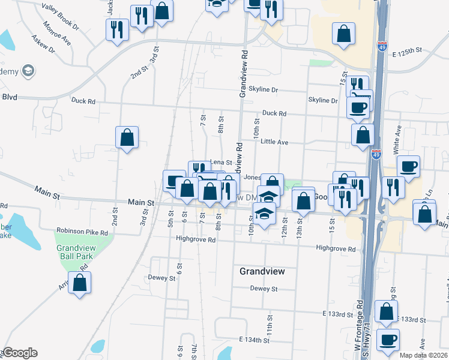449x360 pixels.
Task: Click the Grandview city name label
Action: coord(262,271)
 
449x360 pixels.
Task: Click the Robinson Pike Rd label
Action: coord(82,231)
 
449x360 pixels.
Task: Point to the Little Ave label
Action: coord(274,142)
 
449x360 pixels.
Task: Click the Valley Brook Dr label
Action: coord(61,17)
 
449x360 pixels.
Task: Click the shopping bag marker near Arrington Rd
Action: coord(79,282)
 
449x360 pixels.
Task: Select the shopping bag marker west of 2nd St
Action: coord(127,137)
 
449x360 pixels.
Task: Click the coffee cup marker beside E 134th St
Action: coord(388,339)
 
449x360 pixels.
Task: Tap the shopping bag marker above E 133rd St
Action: coord(386,311)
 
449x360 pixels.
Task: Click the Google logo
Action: coord(20,353)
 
